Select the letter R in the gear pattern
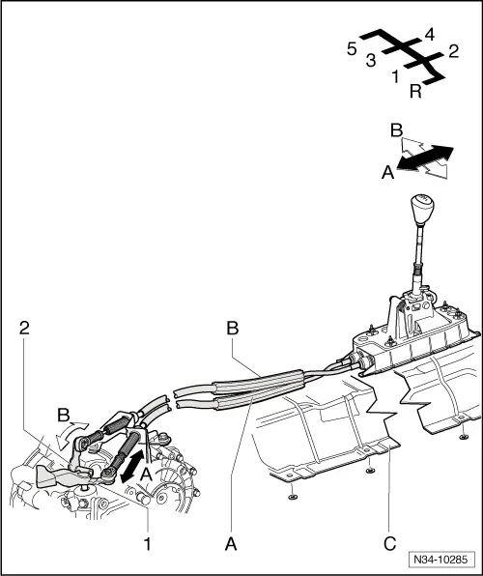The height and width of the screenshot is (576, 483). click(x=414, y=92)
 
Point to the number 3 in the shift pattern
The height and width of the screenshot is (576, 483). click(x=371, y=61)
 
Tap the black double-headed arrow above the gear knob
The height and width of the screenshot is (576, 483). click(x=426, y=159)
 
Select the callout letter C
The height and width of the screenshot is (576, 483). click(x=389, y=544)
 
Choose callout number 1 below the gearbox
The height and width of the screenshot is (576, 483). click(x=148, y=544)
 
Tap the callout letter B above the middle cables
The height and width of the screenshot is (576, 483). click(x=232, y=329)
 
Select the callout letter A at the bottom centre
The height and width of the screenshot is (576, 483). click(x=231, y=544)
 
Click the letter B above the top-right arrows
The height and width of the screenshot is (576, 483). click(x=396, y=130)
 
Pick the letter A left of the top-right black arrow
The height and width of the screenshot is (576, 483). click(x=387, y=172)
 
